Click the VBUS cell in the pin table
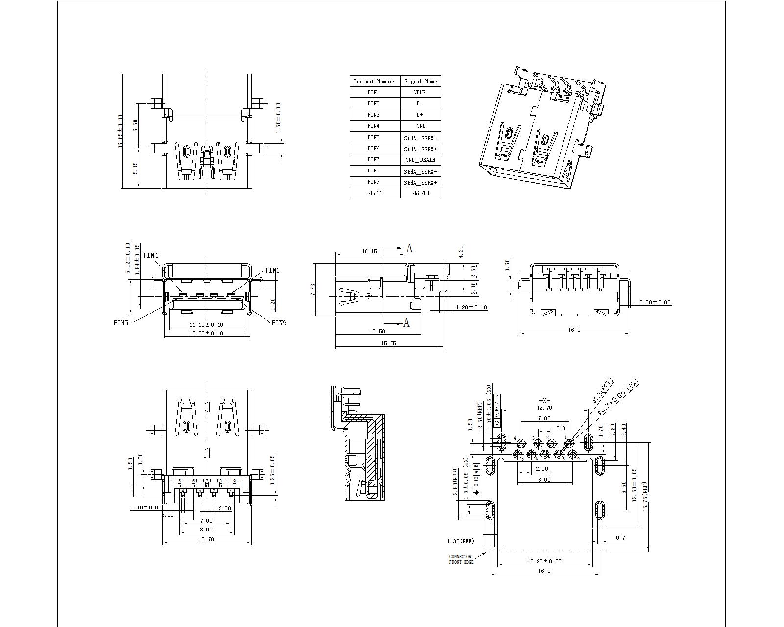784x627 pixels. coord(420,92)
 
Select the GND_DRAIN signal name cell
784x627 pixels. coord(420,160)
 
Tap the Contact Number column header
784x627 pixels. coord(374,81)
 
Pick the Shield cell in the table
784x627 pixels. coord(420,193)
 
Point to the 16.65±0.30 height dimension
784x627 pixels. coord(120,132)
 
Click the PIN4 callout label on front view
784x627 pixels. coord(150,255)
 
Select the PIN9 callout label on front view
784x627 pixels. coord(279,322)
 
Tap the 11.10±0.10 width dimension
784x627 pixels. coord(206,325)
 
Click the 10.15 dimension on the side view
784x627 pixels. coord(369,251)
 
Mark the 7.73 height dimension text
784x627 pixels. coord(313,289)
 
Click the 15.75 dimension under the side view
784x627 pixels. coord(388,344)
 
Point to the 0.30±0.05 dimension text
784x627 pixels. coord(655,302)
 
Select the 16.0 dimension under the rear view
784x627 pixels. coord(574,330)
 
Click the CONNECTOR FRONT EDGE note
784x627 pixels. coord(461,559)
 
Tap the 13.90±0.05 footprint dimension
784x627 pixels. coord(544,561)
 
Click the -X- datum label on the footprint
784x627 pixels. coord(544,401)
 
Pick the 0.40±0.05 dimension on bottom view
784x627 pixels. coord(146,507)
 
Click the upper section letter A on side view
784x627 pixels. coord(410,249)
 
